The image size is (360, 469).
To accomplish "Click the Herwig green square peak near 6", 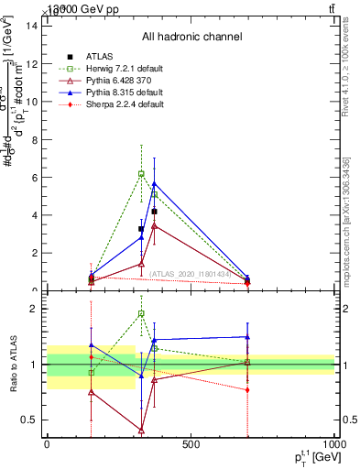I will point(141,173).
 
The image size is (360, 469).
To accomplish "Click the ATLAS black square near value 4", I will point(155,211).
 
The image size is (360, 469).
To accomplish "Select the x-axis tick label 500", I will point(191,444).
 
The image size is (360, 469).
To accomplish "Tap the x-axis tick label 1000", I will point(333,444).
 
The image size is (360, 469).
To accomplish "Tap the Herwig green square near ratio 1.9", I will point(141,313).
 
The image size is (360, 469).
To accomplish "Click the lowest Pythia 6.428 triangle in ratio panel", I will point(141,430).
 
